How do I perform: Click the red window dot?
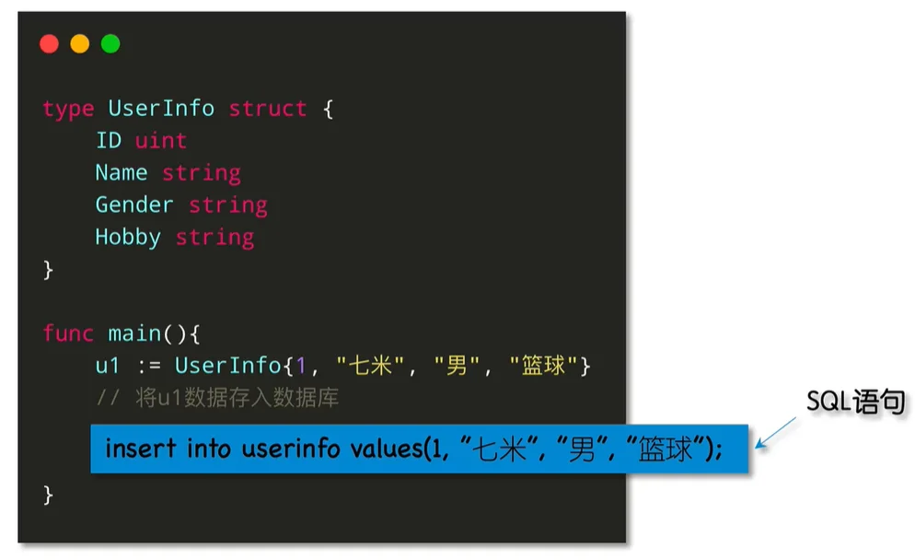(49, 44)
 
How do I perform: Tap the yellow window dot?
(80, 44)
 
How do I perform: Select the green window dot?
(110, 44)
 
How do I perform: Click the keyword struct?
(267, 109)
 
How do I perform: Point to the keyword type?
(68, 110)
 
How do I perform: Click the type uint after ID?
(160, 141)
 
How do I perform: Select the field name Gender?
(134, 205)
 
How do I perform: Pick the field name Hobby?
(128, 238)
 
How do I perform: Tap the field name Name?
(122, 173)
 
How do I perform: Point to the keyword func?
(68, 333)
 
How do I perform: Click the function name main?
(134, 333)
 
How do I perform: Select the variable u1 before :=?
(108, 367)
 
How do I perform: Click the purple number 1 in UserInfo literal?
(301, 367)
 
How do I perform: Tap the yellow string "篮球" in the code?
(543, 366)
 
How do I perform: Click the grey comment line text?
(217, 398)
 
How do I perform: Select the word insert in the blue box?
(140, 449)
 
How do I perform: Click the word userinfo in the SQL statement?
(291, 449)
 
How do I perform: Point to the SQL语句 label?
(855, 402)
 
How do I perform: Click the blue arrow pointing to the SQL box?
(775, 433)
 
